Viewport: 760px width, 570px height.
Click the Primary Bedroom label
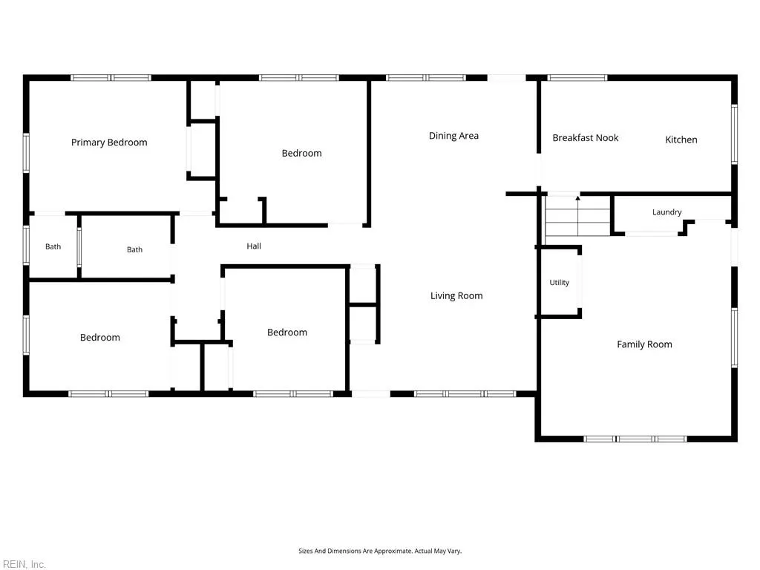[x=109, y=142]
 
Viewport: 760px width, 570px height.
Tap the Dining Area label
[x=453, y=136]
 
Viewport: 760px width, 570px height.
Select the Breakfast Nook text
[x=586, y=137]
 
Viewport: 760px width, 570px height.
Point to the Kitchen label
[x=681, y=140]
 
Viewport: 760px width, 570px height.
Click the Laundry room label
[x=667, y=212]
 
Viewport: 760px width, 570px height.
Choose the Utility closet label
[x=560, y=282]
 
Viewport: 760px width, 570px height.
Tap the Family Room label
[x=644, y=344]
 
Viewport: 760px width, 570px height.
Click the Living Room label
[x=456, y=295]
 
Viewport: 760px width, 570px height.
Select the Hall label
[x=254, y=246]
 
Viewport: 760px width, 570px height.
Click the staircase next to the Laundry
[x=577, y=216]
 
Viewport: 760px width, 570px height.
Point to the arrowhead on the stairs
[x=577, y=197]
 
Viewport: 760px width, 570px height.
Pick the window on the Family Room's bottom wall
[x=635, y=439]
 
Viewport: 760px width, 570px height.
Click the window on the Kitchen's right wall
[x=734, y=134]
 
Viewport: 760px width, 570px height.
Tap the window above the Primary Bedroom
[x=111, y=77]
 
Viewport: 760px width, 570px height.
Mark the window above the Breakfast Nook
[x=577, y=77]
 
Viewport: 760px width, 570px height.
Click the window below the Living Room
[x=465, y=394]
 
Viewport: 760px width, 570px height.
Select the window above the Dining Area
[x=425, y=77]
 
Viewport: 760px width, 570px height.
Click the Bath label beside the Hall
[x=135, y=249]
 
